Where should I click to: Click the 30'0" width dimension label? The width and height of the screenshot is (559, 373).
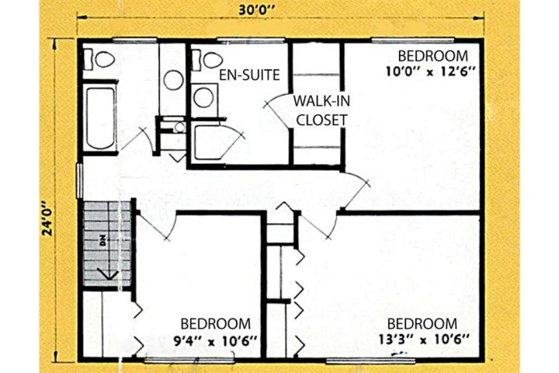[256, 9]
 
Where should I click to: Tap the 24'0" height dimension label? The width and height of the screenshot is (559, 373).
[47, 219]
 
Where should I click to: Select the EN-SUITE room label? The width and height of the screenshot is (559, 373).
[249, 75]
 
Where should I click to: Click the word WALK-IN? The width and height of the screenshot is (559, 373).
[321, 101]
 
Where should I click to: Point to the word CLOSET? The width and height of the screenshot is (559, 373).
[321, 120]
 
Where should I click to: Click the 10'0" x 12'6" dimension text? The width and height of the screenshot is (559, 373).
[432, 71]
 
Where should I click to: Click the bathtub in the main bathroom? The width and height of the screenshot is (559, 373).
[100, 118]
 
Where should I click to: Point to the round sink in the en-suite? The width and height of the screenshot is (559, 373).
[203, 97]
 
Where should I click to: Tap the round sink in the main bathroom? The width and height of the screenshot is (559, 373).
[174, 80]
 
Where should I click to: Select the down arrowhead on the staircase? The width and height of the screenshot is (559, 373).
[108, 274]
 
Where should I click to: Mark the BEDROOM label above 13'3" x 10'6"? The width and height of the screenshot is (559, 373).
[422, 324]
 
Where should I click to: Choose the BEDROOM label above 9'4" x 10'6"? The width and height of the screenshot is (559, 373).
[216, 324]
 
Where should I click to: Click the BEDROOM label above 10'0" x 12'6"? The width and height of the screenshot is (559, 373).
[433, 57]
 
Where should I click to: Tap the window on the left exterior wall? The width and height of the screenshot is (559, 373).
[79, 180]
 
